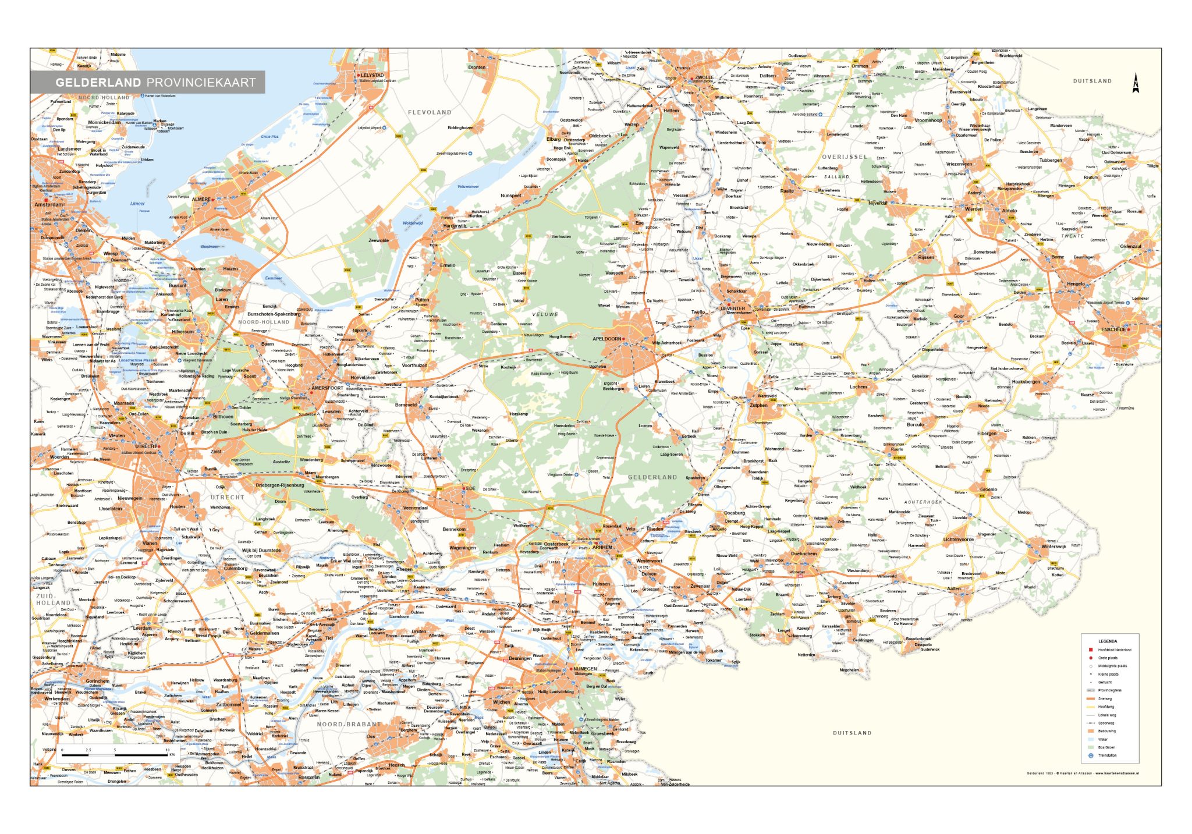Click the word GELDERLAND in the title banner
pyautogui.click(x=98, y=83)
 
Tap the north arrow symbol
pyautogui.click(x=1136, y=83)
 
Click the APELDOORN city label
pyautogui.click(x=606, y=339)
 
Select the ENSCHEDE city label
pyautogui.click(x=1113, y=329)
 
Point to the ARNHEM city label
pyautogui.click(x=602, y=547)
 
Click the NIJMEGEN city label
pyautogui.click(x=585, y=669)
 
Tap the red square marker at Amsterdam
pyautogui.click(x=46, y=200)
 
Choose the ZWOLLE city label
pyautogui.click(x=704, y=77)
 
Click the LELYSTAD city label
pyautogui.click(x=372, y=75)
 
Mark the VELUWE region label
pyautogui.click(x=545, y=314)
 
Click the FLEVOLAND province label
pyautogui.click(x=430, y=112)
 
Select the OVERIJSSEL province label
pyautogui.click(x=845, y=157)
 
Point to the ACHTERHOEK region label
pyautogui.click(x=923, y=502)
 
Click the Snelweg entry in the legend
pyautogui.click(x=1105, y=698)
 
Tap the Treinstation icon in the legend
pyautogui.click(x=1091, y=755)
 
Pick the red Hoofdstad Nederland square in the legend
pyautogui.click(x=1091, y=650)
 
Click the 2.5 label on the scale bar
pyautogui.click(x=88, y=750)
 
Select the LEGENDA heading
pyautogui.click(x=1108, y=641)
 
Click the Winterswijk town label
pyautogui.click(x=1053, y=546)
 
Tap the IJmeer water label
pyautogui.click(x=138, y=204)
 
